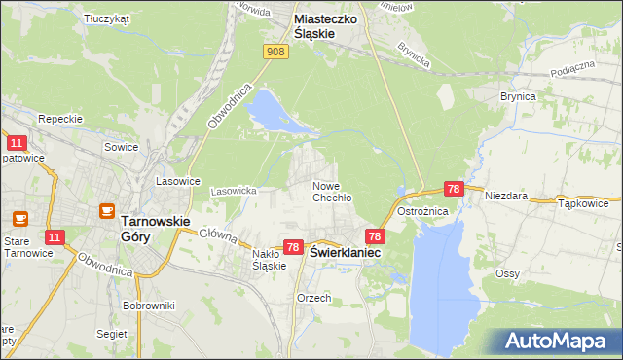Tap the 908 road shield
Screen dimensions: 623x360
(276, 52)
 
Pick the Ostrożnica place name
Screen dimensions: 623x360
(447, 211)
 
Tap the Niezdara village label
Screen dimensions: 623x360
(506, 195)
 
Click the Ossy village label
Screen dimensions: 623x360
(506, 273)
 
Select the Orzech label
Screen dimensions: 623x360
(314, 298)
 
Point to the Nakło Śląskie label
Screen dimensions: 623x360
(269, 259)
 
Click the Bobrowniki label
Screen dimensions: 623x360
(148, 305)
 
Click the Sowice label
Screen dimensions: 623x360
(123, 147)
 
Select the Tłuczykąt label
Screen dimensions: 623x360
(107, 18)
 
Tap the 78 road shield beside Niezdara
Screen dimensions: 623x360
(453, 189)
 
